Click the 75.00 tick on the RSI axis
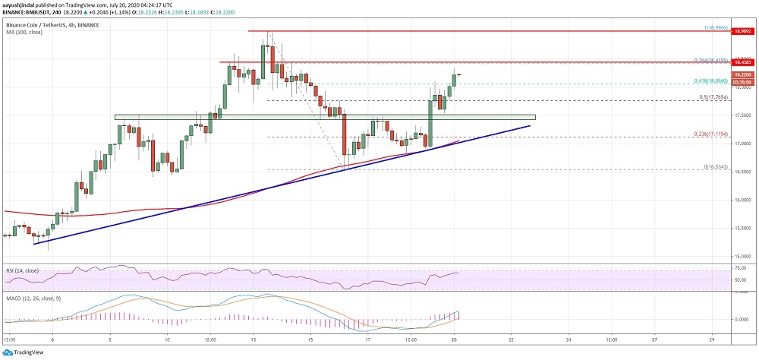click(742, 268)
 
